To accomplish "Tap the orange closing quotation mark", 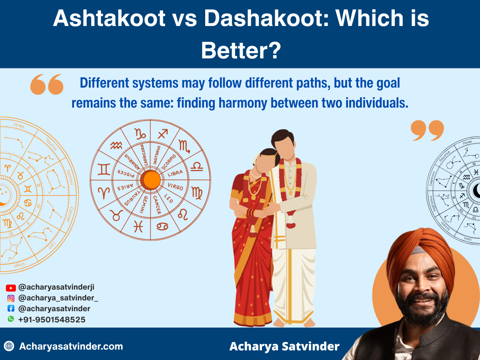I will click(427, 131).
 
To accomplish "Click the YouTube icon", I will click(11, 288).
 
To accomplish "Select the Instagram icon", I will click(11, 298).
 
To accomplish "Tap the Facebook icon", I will click(11, 308).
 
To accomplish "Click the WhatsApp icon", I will click(11, 319).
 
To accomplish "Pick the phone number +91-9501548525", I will click(52, 320).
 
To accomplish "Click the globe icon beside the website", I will click(9, 346).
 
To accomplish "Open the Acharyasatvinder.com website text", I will click(71, 346).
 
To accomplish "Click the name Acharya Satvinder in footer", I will click(284, 346).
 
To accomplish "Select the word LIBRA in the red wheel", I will click(175, 174).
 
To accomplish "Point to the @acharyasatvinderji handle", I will click(56, 287).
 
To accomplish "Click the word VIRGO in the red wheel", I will click(175, 187).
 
